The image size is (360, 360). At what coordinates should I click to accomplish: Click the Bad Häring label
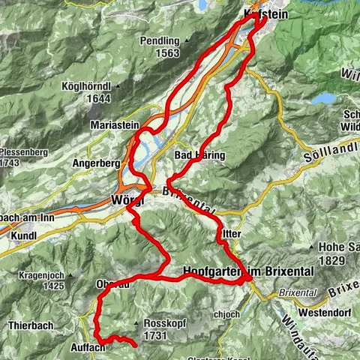199,154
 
